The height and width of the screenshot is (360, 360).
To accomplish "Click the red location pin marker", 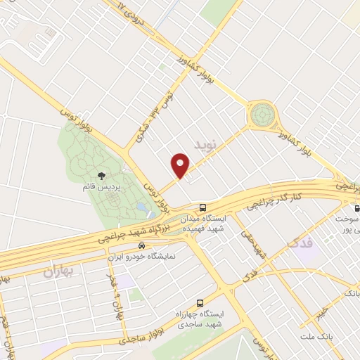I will [181, 165].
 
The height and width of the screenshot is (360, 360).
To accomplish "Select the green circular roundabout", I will [262, 112].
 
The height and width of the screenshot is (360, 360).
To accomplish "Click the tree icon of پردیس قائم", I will [101, 176].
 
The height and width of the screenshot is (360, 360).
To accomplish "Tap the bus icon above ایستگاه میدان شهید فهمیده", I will [202, 207].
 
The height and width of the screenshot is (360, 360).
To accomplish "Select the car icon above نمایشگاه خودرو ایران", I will [143, 246].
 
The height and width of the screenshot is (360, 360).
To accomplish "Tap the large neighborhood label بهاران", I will [60, 270].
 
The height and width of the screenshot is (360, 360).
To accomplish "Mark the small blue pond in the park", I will [143, 208].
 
